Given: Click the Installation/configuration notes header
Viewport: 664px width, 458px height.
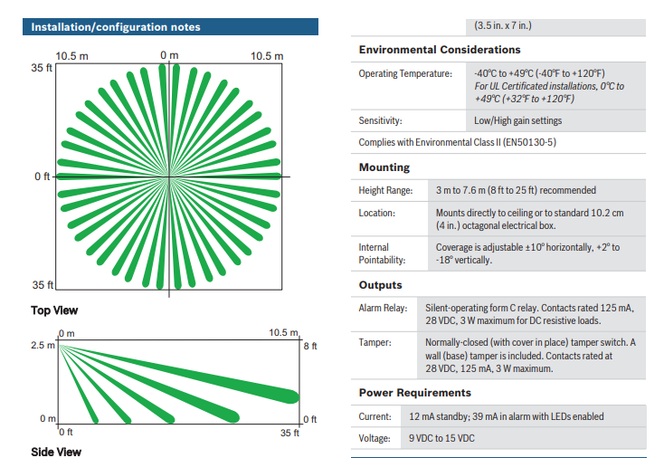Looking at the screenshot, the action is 116,27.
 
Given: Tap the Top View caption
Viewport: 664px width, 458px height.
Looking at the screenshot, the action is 54,310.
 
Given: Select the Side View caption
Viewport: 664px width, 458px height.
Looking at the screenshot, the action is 56,452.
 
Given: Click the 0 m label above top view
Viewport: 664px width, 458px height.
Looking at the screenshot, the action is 169,55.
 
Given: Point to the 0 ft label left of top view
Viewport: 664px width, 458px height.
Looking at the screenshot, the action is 43,177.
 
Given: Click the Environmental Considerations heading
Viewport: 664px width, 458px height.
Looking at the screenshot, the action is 440,50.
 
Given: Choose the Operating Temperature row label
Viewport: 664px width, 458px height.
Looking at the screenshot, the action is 405,73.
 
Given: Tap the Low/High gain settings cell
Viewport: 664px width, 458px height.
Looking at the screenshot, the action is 518,120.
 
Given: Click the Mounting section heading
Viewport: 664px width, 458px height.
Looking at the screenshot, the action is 384,167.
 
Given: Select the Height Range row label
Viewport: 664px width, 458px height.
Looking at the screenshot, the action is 385,191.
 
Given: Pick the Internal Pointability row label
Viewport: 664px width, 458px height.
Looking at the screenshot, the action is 382,253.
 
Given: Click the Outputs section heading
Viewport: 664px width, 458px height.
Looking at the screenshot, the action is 380,285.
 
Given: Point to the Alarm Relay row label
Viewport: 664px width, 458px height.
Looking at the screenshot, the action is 383,308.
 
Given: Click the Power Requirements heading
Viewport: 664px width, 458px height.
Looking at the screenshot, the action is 415,393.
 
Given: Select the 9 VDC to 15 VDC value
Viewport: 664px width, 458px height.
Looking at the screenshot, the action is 441,438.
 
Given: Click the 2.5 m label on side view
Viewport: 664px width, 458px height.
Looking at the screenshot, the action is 43,345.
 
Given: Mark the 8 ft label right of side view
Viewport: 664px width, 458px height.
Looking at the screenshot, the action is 310,346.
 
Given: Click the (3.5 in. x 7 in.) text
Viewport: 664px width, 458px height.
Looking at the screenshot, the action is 503,25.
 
